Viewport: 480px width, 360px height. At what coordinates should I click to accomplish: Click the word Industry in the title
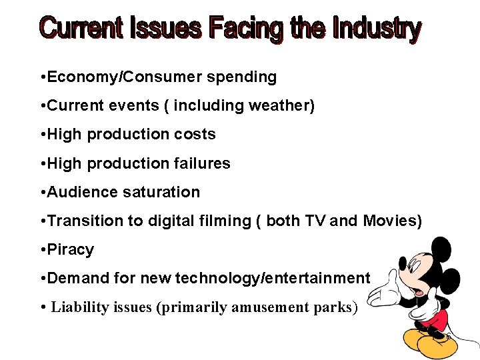pyautogui.click(x=377, y=29)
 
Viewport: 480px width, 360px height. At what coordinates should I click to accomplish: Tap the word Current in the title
pyautogui.click(x=82, y=29)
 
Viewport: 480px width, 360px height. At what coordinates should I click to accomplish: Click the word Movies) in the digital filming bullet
pyautogui.click(x=393, y=221)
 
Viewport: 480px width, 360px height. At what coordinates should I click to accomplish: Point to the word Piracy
pyautogui.click(x=71, y=249)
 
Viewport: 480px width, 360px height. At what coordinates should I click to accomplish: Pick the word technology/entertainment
pyautogui.click(x=272, y=278)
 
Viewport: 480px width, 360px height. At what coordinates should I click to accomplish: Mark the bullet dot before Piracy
pyautogui.click(x=43, y=249)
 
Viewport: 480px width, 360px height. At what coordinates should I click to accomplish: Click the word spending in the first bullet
pyautogui.click(x=241, y=77)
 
